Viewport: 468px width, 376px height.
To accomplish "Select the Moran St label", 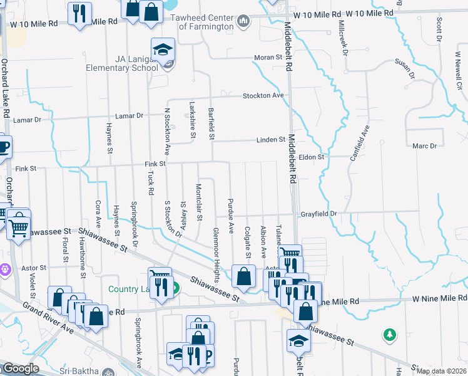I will (268, 58).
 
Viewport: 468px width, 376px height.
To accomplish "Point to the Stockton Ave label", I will (263, 95).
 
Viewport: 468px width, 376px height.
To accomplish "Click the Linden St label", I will (270, 140).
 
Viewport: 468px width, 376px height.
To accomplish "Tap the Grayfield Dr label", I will (320, 214).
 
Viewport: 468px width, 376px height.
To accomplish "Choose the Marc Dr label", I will (425, 146).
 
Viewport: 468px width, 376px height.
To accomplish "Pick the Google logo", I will (21, 368).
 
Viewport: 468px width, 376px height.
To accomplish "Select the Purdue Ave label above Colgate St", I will (231, 221).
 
